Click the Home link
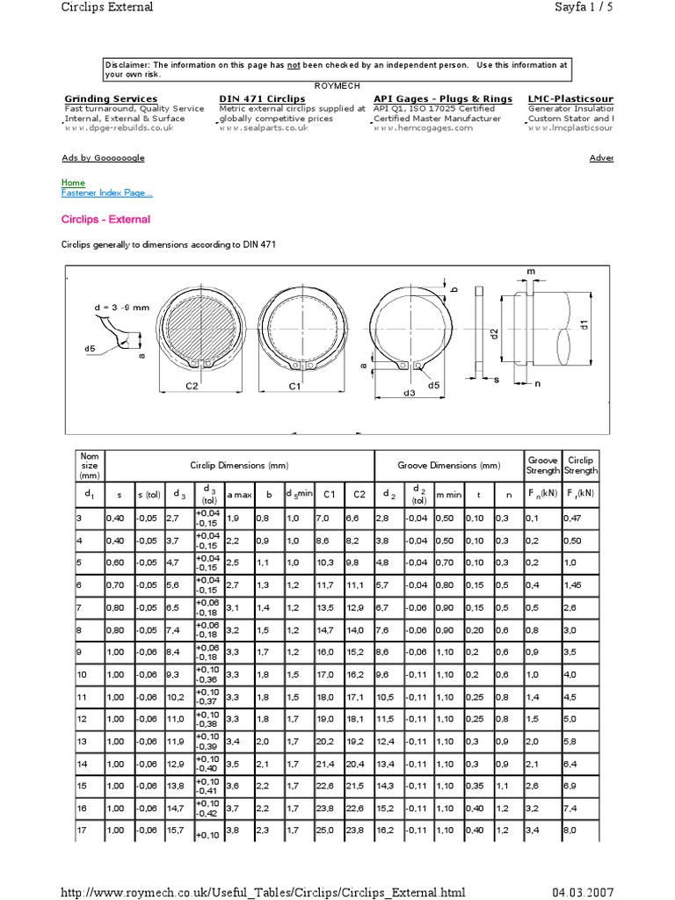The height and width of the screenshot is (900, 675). (73, 183)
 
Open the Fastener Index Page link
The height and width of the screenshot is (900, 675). (106, 193)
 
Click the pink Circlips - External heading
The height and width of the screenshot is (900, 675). (105, 220)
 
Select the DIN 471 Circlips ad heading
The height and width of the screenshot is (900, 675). (262, 98)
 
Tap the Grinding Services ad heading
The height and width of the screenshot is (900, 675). (111, 98)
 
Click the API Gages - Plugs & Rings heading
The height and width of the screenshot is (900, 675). (443, 98)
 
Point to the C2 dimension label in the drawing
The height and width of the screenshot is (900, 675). (192, 386)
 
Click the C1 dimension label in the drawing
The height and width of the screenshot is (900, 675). (295, 386)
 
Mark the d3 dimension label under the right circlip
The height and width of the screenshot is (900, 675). (409, 394)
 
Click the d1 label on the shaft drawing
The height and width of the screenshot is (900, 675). (583, 324)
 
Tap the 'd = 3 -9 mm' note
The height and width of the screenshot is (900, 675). (122, 307)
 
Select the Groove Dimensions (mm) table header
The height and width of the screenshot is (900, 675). (448, 466)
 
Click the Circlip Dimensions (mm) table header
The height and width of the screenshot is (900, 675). (239, 466)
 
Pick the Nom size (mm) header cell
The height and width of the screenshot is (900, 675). (90, 466)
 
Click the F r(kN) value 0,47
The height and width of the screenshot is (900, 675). (572, 519)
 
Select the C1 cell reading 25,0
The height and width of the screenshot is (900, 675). (325, 830)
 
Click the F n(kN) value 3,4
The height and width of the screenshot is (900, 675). (532, 830)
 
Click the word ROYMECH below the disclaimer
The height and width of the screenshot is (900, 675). (337, 84)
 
